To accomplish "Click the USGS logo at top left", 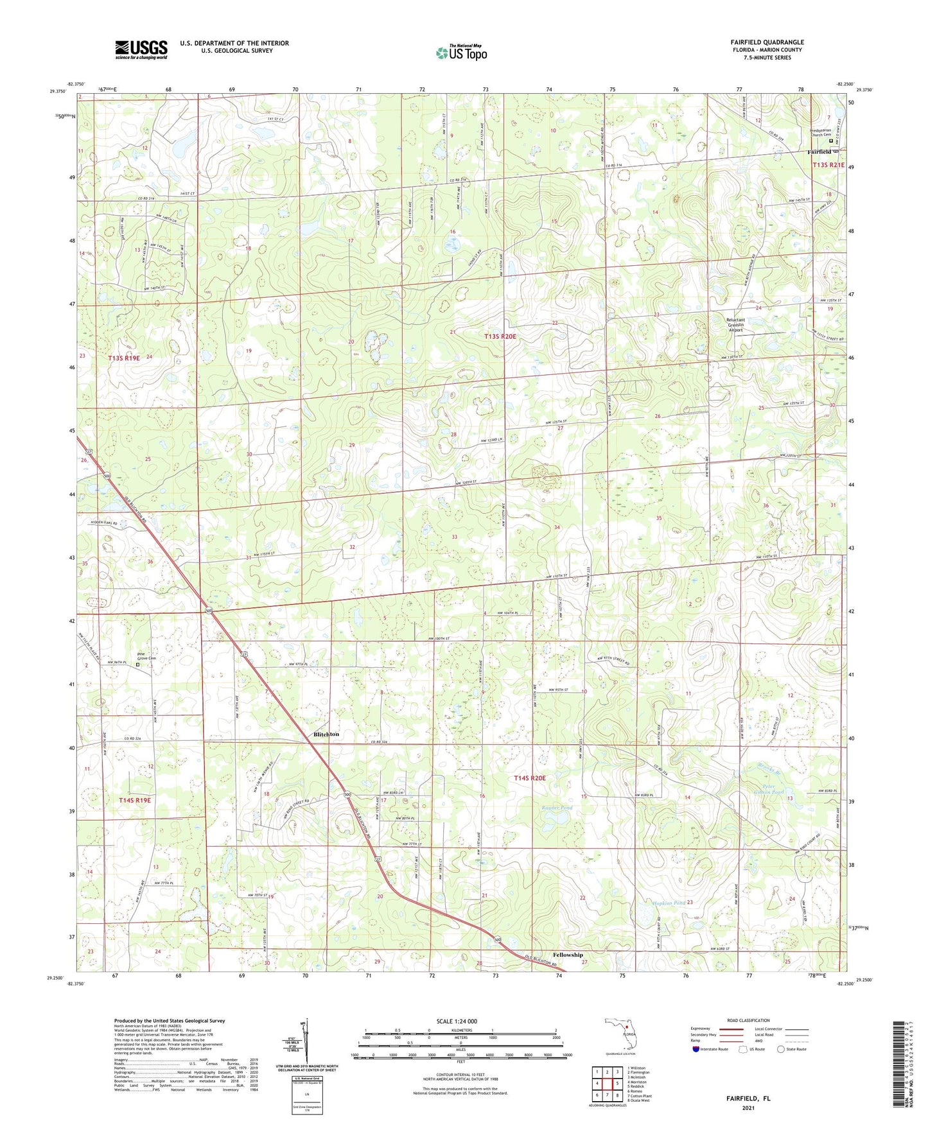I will [x=141, y=49].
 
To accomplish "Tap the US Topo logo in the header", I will [x=460, y=53].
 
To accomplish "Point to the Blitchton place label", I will [x=326, y=734].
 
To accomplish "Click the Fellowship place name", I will [x=568, y=955].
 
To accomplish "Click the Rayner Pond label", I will [x=556, y=808].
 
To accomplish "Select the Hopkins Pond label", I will [x=669, y=903].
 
